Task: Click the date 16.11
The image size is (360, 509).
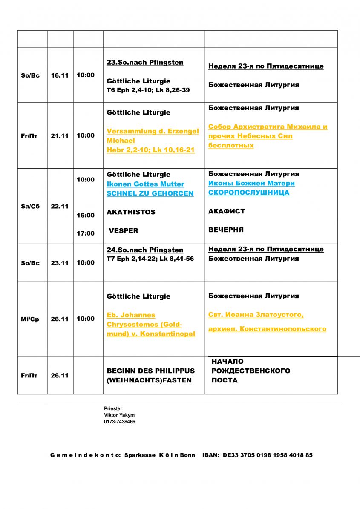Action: [x=60, y=75]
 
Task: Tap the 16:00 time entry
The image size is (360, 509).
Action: [x=86, y=216]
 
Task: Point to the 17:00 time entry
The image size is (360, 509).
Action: [x=86, y=233]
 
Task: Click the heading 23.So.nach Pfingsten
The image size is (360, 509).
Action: [x=145, y=63]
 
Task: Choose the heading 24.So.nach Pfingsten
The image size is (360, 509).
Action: [x=145, y=250]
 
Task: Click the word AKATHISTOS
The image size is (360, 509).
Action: [x=131, y=212]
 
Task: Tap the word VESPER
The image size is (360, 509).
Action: [x=124, y=231]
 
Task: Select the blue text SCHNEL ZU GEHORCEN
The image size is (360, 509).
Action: [x=150, y=193]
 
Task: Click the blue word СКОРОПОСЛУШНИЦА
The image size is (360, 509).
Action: [x=249, y=193]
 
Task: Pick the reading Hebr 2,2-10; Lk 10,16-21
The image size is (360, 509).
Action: [x=150, y=150]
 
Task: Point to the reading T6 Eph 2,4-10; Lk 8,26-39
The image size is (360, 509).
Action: [x=148, y=90]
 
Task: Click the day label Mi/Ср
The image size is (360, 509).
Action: [x=30, y=319]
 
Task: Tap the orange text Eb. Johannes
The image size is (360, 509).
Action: [x=131, y=315]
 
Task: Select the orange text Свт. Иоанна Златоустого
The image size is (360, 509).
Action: [x=256, y=315]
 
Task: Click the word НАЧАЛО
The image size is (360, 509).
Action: [x=228, y=362]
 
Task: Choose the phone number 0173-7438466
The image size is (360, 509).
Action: [x=120, y=422]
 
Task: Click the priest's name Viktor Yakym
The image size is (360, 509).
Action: [x=119, y=415]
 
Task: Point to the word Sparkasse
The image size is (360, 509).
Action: [x=140, y=455]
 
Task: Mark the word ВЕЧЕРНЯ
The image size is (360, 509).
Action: [x=226, y=230]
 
